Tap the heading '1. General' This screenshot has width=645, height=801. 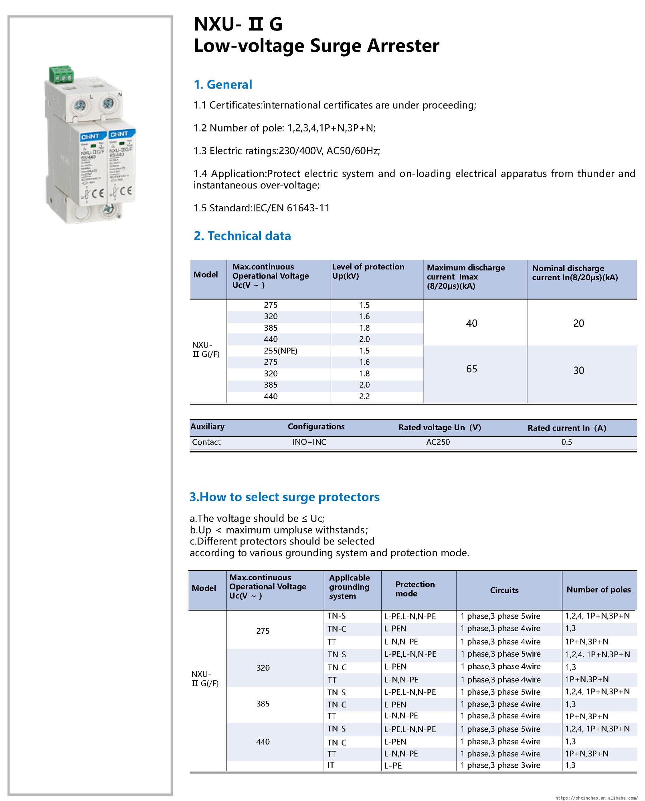223,84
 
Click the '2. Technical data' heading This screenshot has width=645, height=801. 242,236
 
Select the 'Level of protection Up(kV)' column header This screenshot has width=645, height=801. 368,271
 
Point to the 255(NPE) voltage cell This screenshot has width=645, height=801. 281,351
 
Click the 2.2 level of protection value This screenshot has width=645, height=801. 364,396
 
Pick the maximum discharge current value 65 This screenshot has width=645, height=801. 472,369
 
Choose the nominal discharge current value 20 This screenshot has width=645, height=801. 578,323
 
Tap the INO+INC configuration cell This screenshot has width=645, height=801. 309,442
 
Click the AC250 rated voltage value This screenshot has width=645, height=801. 438,442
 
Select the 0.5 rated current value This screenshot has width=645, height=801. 566,442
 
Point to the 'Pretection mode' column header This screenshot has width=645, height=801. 415,589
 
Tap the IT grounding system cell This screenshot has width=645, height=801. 331,765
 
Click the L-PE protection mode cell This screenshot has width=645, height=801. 393,765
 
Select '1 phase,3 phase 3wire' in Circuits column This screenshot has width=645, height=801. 500,765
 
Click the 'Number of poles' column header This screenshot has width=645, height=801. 598,590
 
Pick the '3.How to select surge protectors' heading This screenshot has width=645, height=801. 285,497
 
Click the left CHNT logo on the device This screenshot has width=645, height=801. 90,136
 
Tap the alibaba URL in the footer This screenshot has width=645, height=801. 599,797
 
